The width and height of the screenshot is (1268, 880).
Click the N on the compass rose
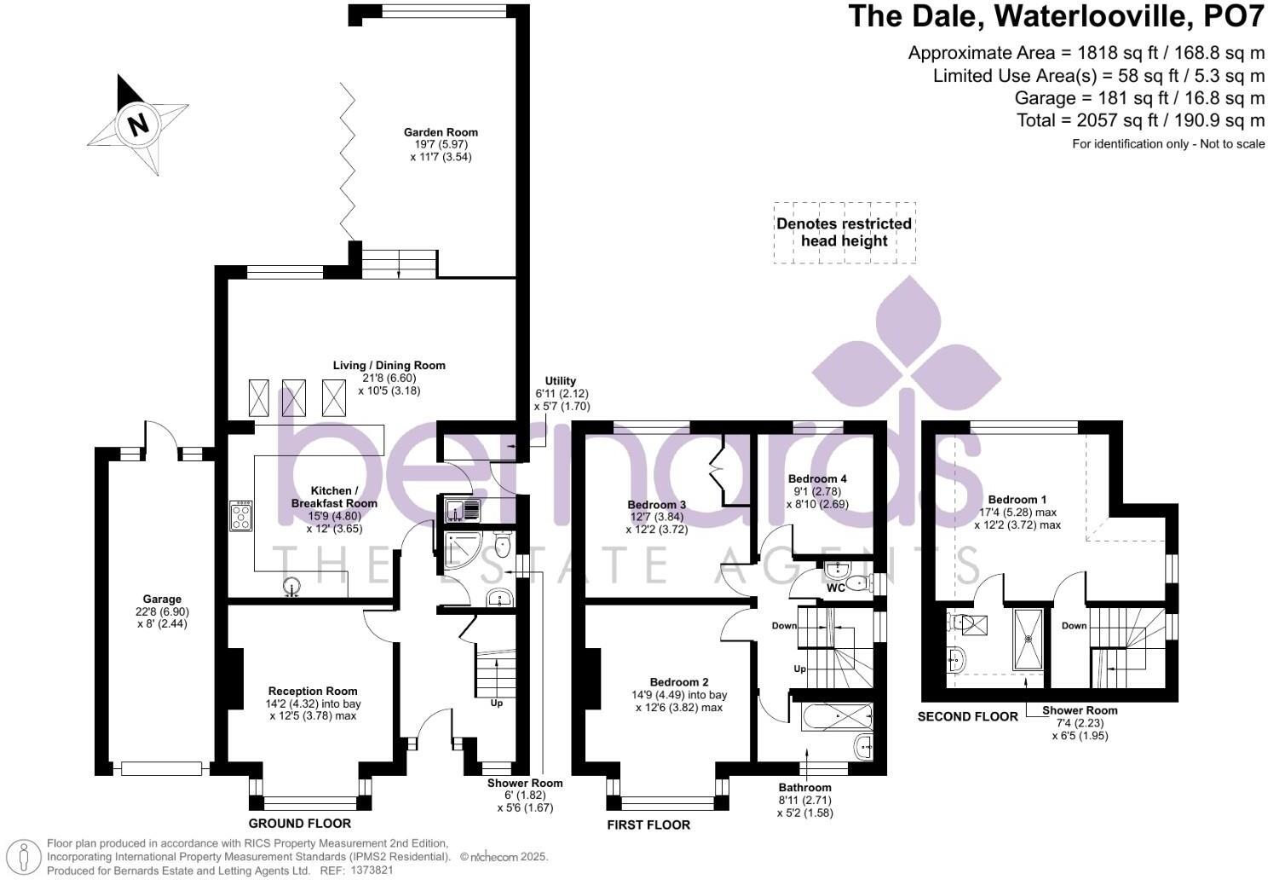click(138, 124)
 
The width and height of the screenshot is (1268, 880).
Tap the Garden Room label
click(441, 132)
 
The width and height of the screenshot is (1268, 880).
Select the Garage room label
click(162, 599)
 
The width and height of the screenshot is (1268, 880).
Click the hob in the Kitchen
click(241, 515)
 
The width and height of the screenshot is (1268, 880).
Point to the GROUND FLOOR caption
click(299, 824)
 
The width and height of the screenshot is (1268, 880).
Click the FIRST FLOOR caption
click(648, 825)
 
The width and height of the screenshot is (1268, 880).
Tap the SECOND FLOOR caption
click(967, 717)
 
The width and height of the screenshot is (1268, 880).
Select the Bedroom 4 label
click(817, 479)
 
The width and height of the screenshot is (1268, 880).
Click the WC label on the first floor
click(835, 588)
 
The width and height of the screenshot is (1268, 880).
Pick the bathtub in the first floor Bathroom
click(837, 717)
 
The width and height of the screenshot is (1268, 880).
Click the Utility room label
click(561, 381)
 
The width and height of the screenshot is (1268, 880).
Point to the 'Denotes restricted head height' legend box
click(844, 233)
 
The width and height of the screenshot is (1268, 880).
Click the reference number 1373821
click(372, 871)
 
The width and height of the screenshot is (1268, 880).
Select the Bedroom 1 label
click(1017, 500)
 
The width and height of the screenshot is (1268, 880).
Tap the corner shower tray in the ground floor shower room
click(462, 549)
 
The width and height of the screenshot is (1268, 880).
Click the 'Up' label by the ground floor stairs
click(497, 703)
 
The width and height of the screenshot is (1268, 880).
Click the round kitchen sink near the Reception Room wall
click(291, 586)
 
